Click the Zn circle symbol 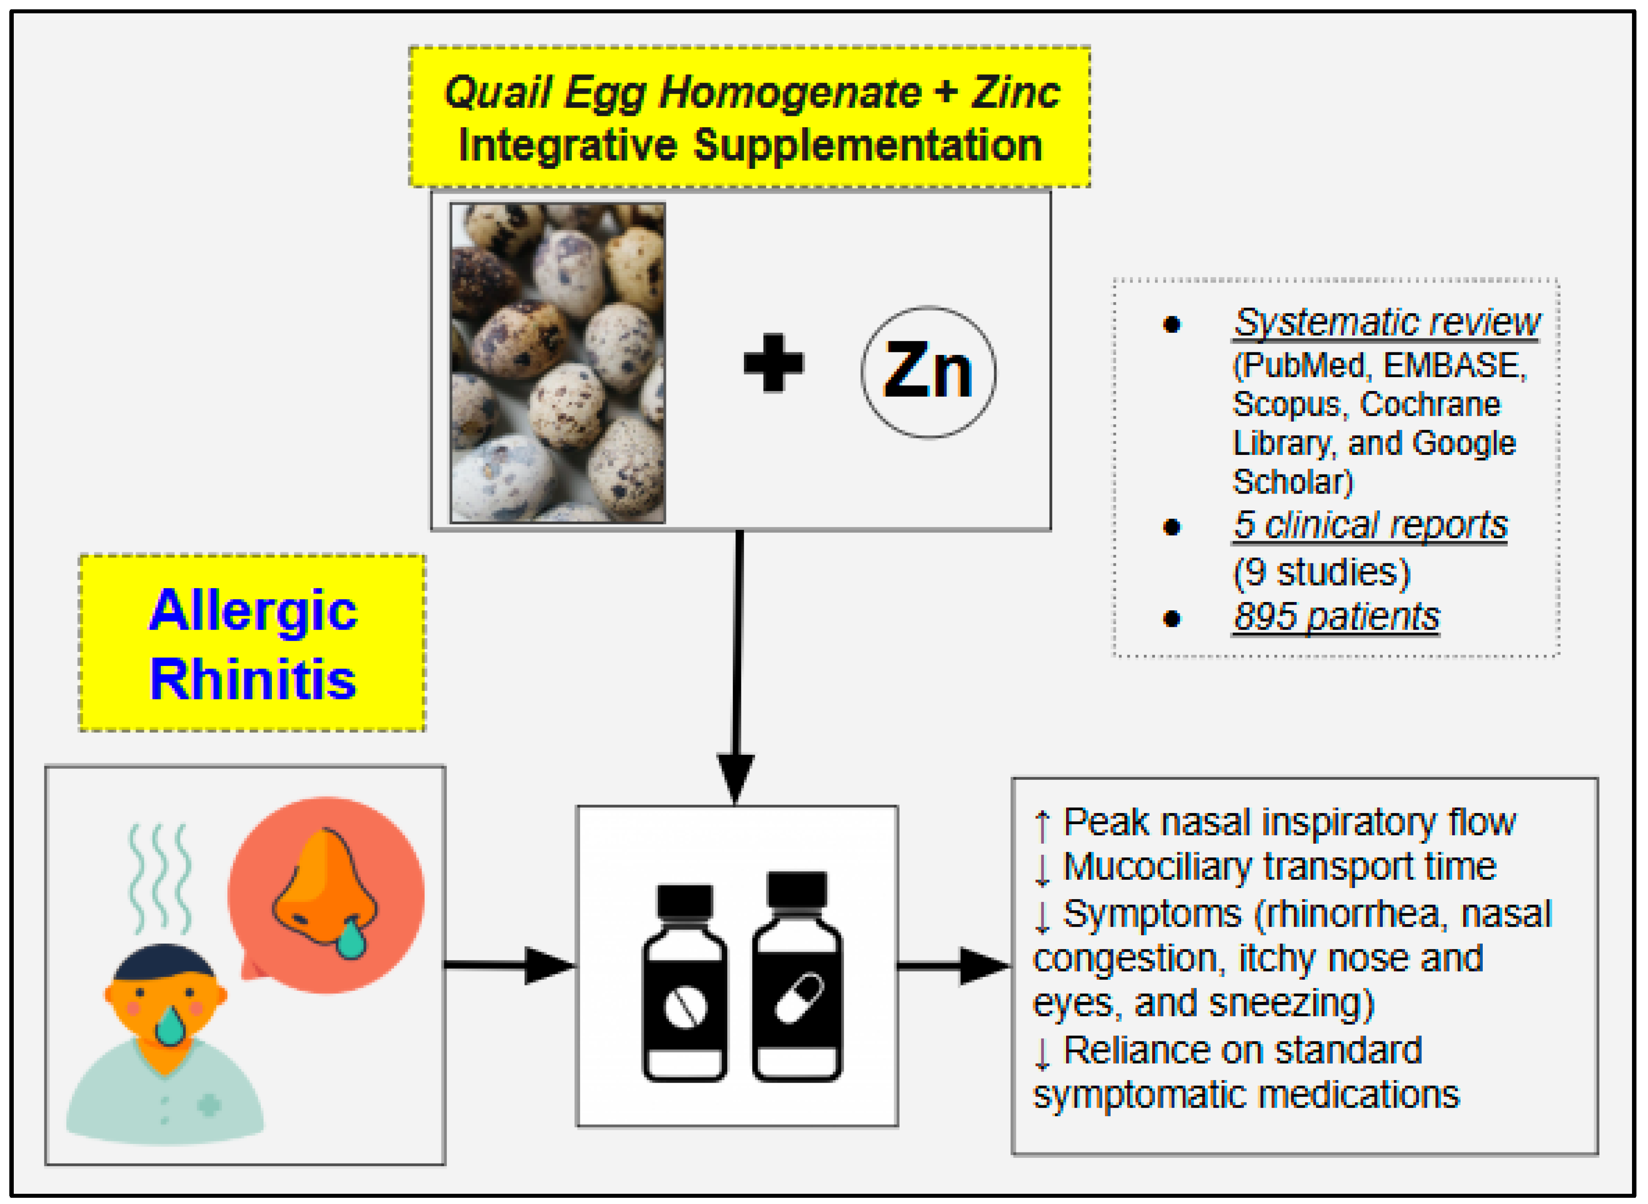click(x=928, y=372)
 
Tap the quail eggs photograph click(x=557, y=362)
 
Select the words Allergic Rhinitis click(x=253, y=644)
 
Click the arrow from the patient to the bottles click(x=510, y=965)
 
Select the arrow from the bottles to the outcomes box click(x=955, y=966)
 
